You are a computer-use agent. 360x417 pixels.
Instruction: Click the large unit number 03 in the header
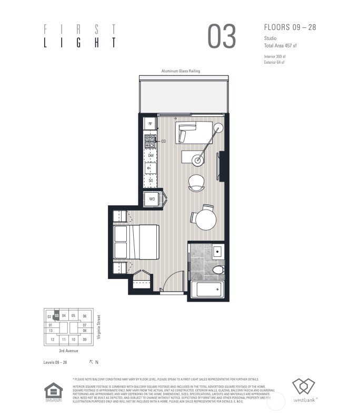point(222,36)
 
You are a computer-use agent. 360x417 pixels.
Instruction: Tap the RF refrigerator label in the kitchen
point(151,124)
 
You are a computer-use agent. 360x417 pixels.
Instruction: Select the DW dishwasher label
point(151,156)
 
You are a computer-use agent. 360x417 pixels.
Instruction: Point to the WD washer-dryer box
point(152,199)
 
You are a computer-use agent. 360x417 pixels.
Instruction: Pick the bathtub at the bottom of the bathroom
point(206,290)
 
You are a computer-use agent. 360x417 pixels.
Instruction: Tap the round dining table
point(204,220)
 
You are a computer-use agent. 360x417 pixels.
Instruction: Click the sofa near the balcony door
point(195,132)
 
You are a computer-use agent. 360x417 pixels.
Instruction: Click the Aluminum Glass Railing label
point(181,71)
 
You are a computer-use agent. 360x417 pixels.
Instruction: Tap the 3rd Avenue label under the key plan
point(69,351)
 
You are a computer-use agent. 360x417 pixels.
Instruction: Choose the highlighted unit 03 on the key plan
point(56,316)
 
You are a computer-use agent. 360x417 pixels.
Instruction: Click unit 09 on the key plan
point(84,340)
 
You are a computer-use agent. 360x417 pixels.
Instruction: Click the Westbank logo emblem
point(303,387)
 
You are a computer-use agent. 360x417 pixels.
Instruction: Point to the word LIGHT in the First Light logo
point(79,43)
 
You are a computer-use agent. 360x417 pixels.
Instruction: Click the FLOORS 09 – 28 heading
point(289,27)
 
